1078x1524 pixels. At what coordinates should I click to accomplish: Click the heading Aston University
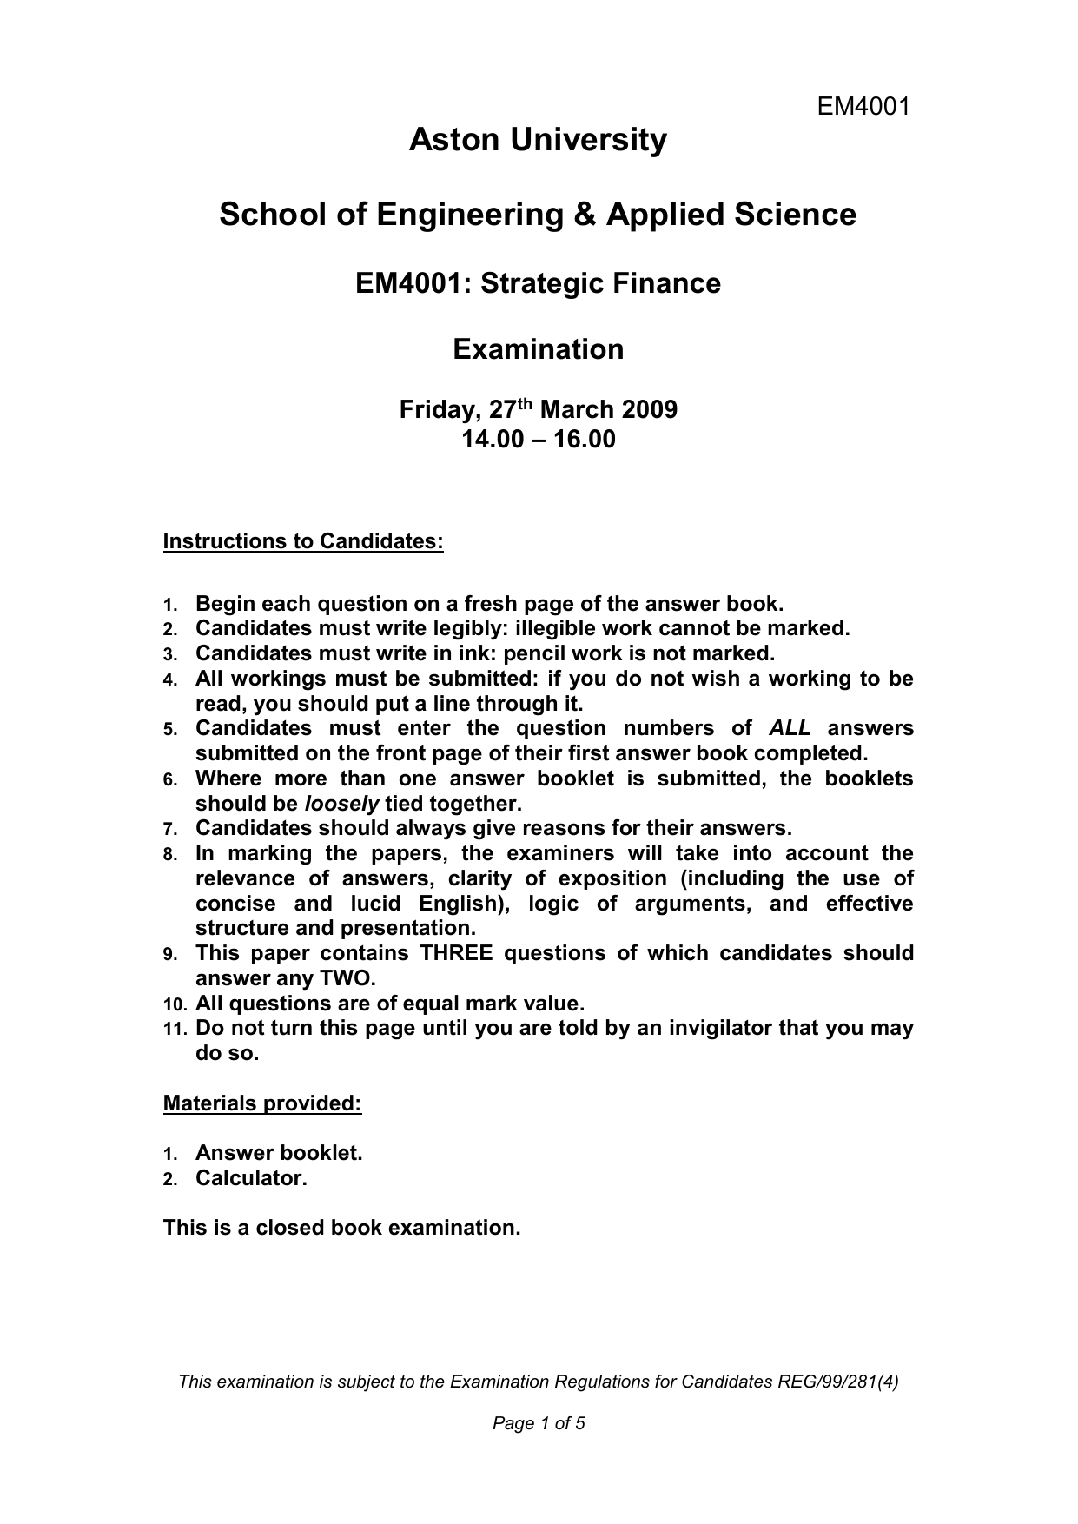(538, 140)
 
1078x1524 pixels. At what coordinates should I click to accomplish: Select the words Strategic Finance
(600, 283)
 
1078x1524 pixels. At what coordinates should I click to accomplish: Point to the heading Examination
(538, 349)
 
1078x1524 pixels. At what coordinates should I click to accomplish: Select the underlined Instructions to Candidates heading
(303, 541)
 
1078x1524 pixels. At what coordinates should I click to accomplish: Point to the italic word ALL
(790, 728)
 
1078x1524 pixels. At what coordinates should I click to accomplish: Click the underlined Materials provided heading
(262, 1103)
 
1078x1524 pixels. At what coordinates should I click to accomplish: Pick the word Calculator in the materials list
(250, 1179)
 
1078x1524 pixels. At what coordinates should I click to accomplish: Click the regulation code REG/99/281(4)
(837, 1382)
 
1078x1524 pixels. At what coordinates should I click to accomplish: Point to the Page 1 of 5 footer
(539, 1423)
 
